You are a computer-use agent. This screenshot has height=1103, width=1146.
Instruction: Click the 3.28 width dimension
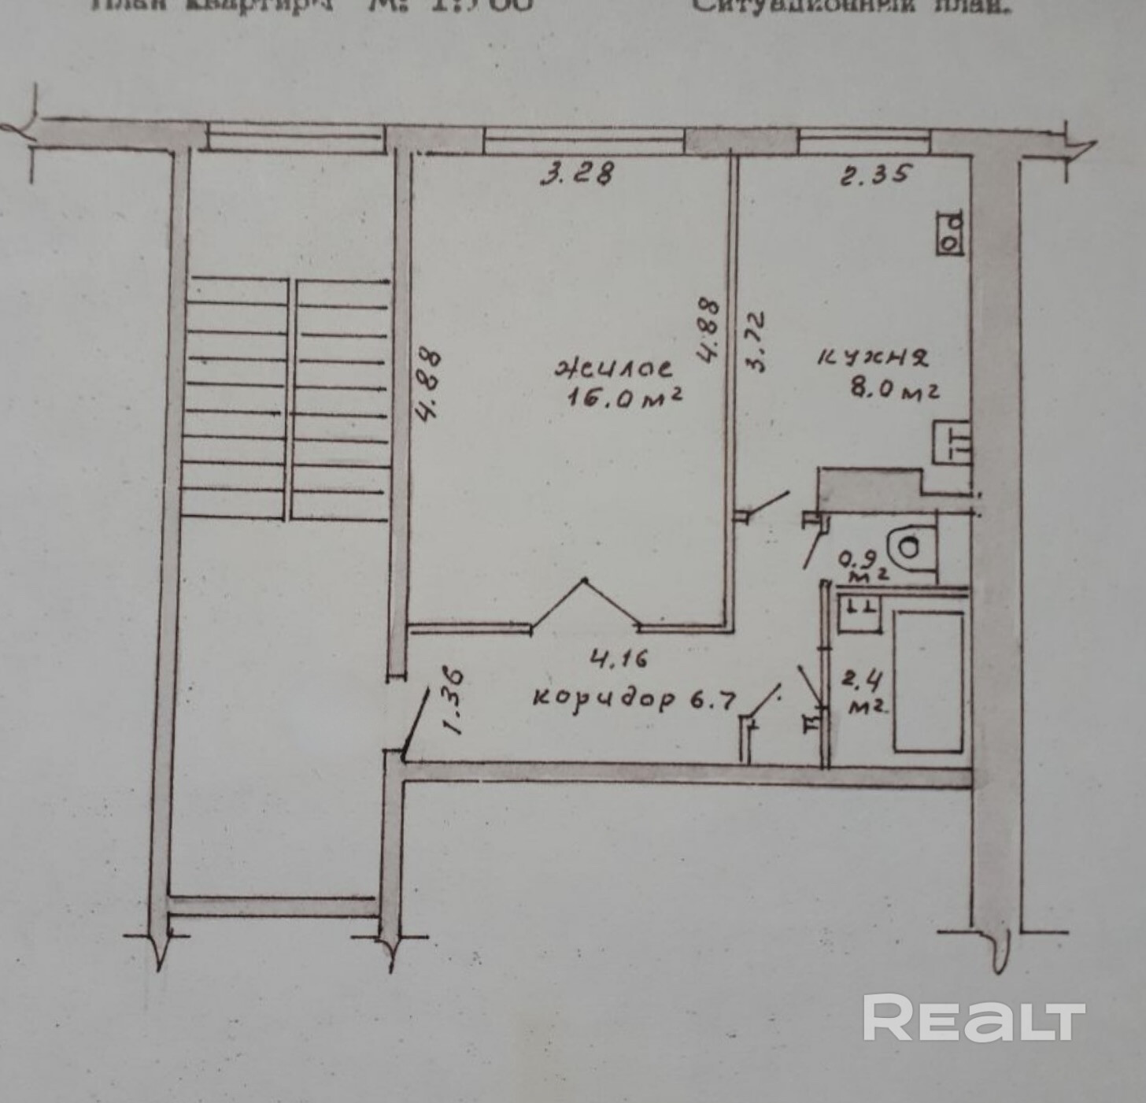(x=576, y=173)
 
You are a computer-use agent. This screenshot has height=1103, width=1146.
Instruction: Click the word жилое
(x=614, y=368)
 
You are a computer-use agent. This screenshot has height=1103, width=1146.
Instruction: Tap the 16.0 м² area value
(x=624, y=398)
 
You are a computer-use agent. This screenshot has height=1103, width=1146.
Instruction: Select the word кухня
(x=872, y=358)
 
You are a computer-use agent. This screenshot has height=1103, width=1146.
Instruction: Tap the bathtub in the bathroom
(x=928, y=682)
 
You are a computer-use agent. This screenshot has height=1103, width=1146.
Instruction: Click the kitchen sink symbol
(x=952, y=442)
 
